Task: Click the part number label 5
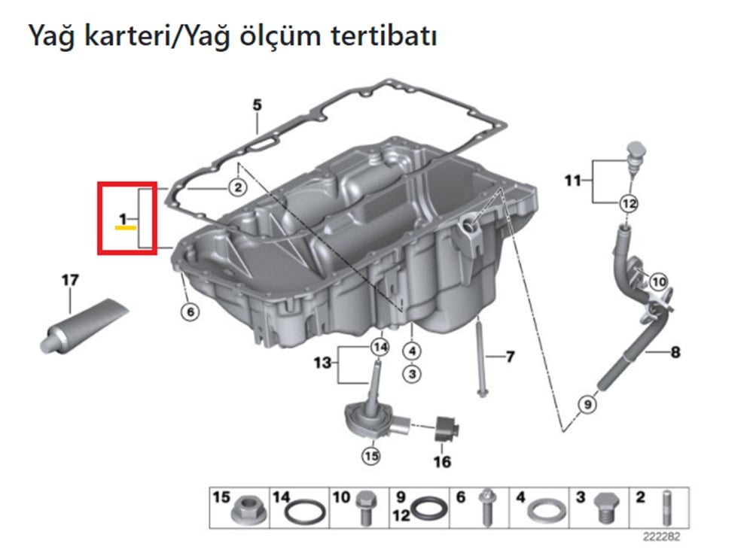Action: point(256,105)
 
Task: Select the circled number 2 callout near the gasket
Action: point(236,187)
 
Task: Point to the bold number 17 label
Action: point(69,281)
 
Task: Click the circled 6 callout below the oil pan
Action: point(191,311)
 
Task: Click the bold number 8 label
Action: point(675,351)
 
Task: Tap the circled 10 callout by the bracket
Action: point(658,282)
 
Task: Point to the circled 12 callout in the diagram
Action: point(628,202)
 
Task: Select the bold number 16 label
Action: point(443,461)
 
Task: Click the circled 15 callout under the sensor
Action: point(370,455)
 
